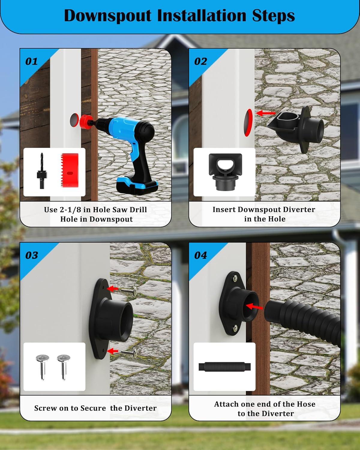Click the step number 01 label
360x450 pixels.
pos(31,61)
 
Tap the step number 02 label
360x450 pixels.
pos(200,61)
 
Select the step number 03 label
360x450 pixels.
pos(31,255)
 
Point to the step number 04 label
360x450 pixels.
pos(200,255)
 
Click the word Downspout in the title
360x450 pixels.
pos(108,16)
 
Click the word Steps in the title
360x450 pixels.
pos(273,16)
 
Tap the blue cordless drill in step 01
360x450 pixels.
pos(132,144)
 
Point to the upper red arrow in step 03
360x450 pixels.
pos(113,289)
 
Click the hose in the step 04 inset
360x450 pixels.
pos(224,367)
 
